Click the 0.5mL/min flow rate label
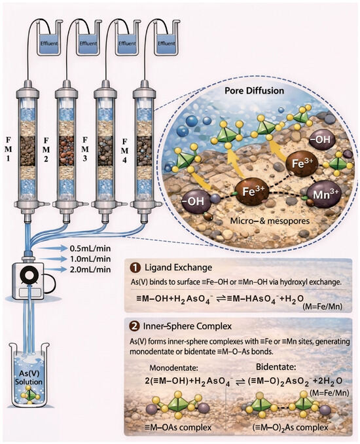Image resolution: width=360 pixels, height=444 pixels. point(90,248)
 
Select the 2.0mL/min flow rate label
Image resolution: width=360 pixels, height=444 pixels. point(90,269)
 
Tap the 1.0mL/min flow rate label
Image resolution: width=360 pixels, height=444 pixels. point(90,259)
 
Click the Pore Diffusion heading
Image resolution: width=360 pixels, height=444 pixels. point(254,90)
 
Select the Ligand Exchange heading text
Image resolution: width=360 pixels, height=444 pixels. point(178,267)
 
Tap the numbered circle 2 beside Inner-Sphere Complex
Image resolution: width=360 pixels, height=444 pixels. point(136,326)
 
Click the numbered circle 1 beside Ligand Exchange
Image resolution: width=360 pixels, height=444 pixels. point(136,268)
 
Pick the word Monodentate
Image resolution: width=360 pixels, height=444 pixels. point(173,367)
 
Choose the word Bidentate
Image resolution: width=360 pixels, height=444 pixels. point(276,367)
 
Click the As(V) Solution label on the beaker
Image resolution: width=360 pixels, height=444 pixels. point(29,377)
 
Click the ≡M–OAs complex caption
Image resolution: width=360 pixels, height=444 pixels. point(178,427)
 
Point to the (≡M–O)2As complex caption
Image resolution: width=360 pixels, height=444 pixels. point(290,427)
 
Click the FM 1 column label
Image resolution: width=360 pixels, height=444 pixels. point(8,149)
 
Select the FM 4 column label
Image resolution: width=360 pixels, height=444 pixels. point(124,151)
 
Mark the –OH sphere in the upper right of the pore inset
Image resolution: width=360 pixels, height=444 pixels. point(321,140)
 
